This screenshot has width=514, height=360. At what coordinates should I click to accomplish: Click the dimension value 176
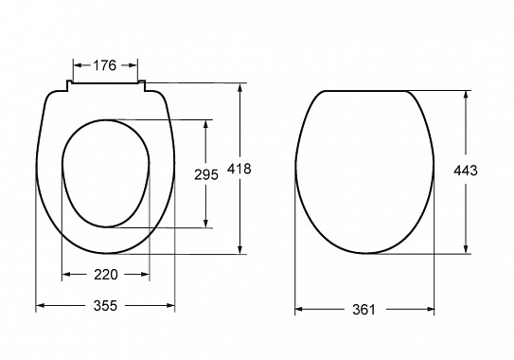(x=105, y=65)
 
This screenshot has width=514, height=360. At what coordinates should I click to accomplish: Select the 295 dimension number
(x=206, y=174)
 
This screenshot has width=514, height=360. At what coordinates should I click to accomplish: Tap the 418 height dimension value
(x=239, y=169)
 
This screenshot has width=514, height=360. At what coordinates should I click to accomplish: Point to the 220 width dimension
(x=106, y=275)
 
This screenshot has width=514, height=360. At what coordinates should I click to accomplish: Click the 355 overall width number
(x=105, y=306)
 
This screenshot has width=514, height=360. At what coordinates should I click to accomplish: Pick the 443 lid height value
(x=466, y=171)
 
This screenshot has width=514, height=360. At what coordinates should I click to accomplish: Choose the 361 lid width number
(x=363, y=309)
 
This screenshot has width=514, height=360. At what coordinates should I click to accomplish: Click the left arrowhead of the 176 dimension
(x=78, y=65)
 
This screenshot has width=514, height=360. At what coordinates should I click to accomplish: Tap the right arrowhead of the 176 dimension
(x=133, y=65)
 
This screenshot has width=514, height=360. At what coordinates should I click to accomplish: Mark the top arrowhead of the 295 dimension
(x=205, y=125)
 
